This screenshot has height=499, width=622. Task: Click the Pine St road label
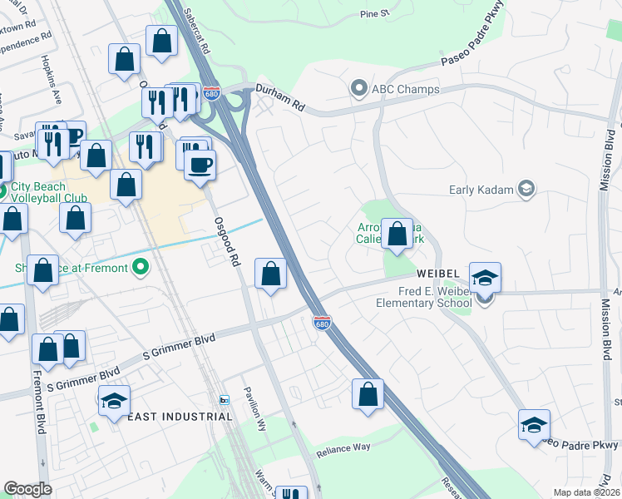point(375,14)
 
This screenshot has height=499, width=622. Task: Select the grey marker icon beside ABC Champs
point(359,87)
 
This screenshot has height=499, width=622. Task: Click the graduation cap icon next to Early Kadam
point(525,189)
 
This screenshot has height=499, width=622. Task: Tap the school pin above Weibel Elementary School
point(485,279)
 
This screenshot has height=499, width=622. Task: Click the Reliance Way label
point(343,448)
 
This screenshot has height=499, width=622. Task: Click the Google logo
point(27,488)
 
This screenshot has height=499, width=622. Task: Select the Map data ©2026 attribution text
point(585,492)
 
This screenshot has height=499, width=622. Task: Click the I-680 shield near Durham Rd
point(213,91)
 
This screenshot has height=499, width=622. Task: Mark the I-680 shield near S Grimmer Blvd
point(323,321)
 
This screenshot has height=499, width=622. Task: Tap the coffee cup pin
point(200,165)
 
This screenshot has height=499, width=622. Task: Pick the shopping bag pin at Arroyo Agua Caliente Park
point(397,234)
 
